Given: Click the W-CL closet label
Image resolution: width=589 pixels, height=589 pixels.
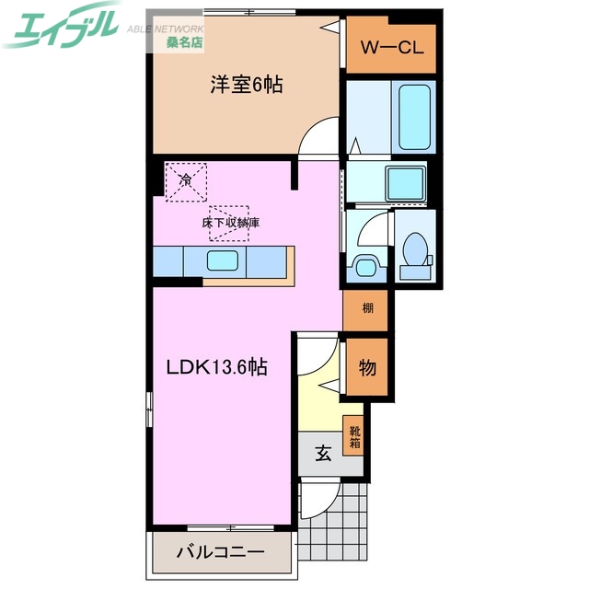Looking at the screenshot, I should tap(391, 48).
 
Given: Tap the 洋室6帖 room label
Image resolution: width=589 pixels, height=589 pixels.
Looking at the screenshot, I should tap(246, 86).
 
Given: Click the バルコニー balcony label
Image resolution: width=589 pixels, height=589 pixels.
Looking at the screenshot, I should tap(220, 554).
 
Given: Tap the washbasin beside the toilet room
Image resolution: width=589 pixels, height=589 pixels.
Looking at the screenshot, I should tap(365, 267).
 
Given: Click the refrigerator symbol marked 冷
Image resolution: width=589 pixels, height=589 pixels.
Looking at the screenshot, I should tap(185, 180).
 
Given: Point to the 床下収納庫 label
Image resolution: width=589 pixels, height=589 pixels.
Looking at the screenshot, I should tap(230, 223).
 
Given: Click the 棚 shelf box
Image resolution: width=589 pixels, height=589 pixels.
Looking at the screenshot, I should tap(366, 308).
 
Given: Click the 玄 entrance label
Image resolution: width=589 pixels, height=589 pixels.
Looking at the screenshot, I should tap(323, 453).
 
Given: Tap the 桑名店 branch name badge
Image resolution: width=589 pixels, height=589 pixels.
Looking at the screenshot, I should tap(185, 43).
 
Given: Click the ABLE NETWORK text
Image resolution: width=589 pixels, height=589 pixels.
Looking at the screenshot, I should tap(164, 29).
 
